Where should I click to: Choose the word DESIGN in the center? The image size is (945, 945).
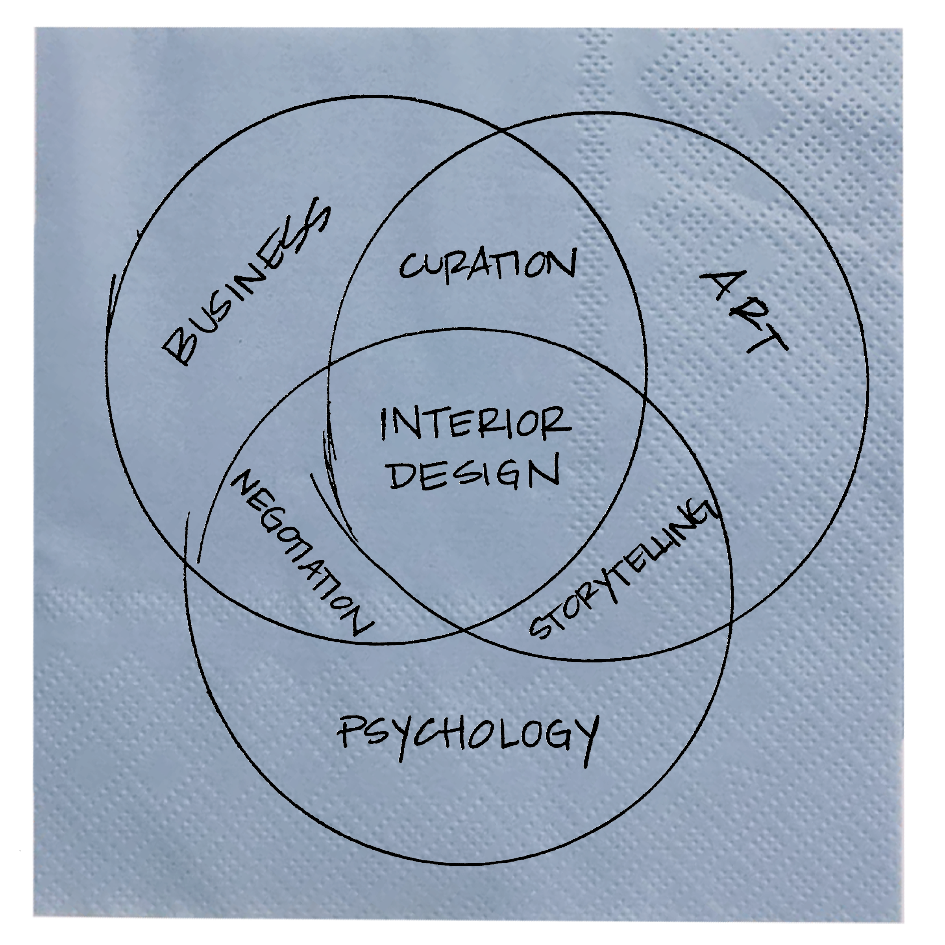pos(474,472)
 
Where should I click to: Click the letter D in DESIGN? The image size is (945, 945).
pos(403,474)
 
